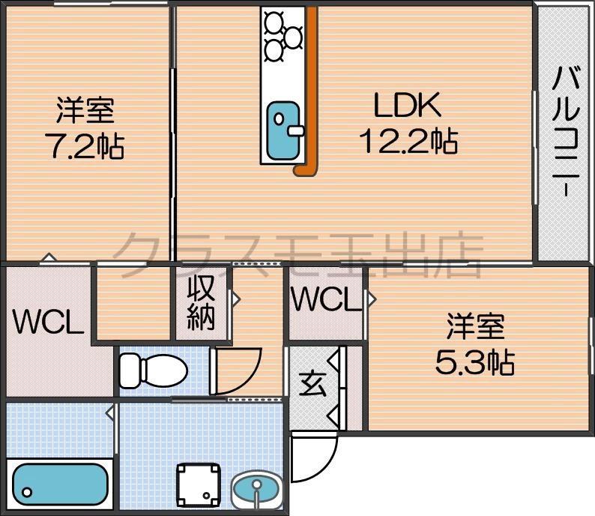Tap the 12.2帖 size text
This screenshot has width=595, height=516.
408,140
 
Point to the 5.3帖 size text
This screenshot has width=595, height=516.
474,363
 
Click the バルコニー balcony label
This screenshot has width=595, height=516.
566,132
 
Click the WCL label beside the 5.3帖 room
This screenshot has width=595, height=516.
327,301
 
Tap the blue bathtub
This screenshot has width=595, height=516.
61,483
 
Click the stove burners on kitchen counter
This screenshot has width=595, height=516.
283,34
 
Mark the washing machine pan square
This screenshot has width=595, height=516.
199,482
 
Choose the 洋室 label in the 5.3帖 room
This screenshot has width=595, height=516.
475,328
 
